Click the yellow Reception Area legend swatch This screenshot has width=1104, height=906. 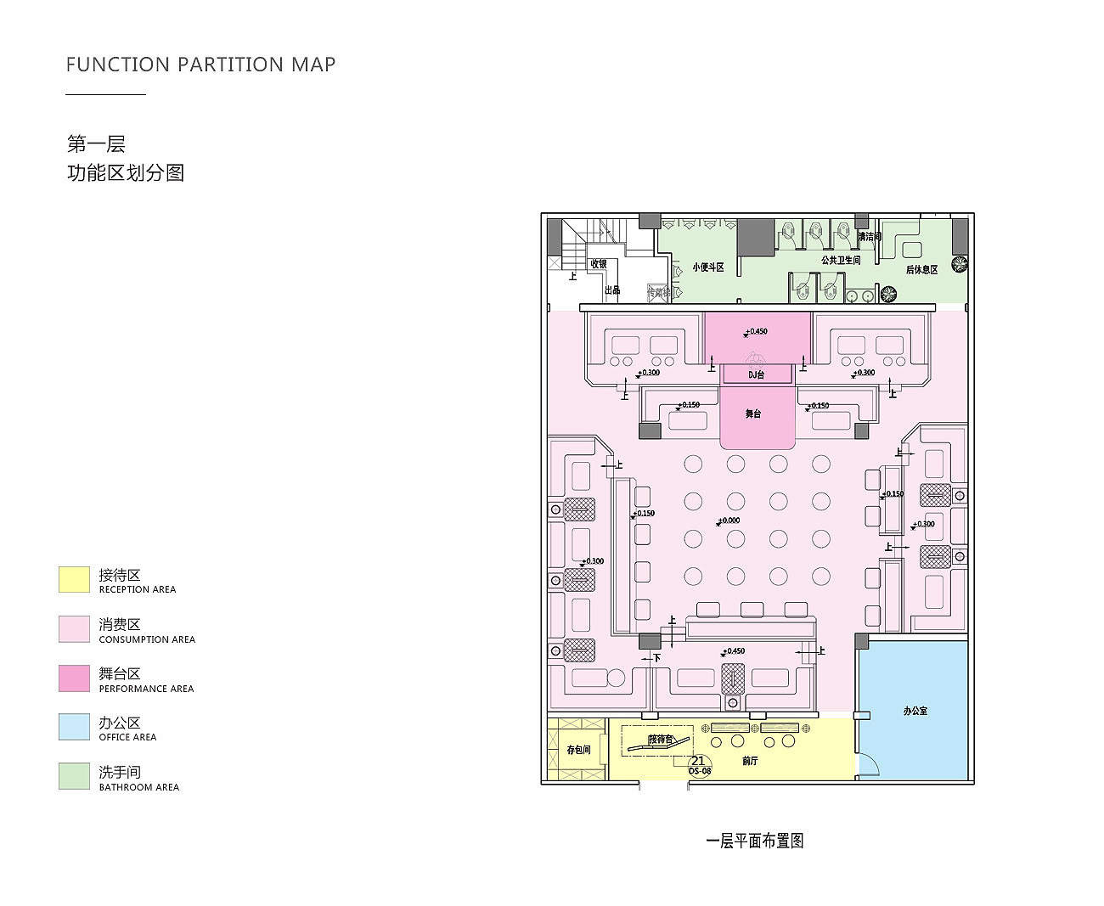74,580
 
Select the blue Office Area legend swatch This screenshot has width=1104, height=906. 74,727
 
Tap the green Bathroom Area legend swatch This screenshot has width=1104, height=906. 74,776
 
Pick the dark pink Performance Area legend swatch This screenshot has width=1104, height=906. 74,678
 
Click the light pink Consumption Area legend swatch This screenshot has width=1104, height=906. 74,629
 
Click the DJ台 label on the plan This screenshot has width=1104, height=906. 756,374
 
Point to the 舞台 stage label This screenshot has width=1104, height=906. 753,414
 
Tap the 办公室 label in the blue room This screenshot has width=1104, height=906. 915,711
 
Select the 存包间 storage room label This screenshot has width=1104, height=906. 578,750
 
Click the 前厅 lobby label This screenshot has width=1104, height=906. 750,761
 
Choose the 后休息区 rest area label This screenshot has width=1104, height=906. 921,270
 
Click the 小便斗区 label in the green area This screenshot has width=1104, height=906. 707,267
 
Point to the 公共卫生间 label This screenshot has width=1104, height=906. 840,261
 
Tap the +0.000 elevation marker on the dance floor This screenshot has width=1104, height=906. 729,521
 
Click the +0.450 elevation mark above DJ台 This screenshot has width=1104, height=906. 756,331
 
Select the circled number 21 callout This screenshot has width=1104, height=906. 698,762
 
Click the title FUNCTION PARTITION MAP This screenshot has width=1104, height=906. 200,65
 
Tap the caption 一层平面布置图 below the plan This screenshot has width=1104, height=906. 754,841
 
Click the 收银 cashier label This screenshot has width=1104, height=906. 599,264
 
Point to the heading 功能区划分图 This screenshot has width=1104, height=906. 126,173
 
